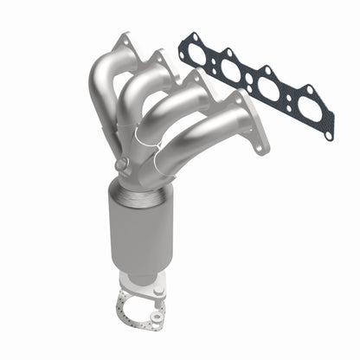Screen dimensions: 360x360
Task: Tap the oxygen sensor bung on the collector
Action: point(121,164)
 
